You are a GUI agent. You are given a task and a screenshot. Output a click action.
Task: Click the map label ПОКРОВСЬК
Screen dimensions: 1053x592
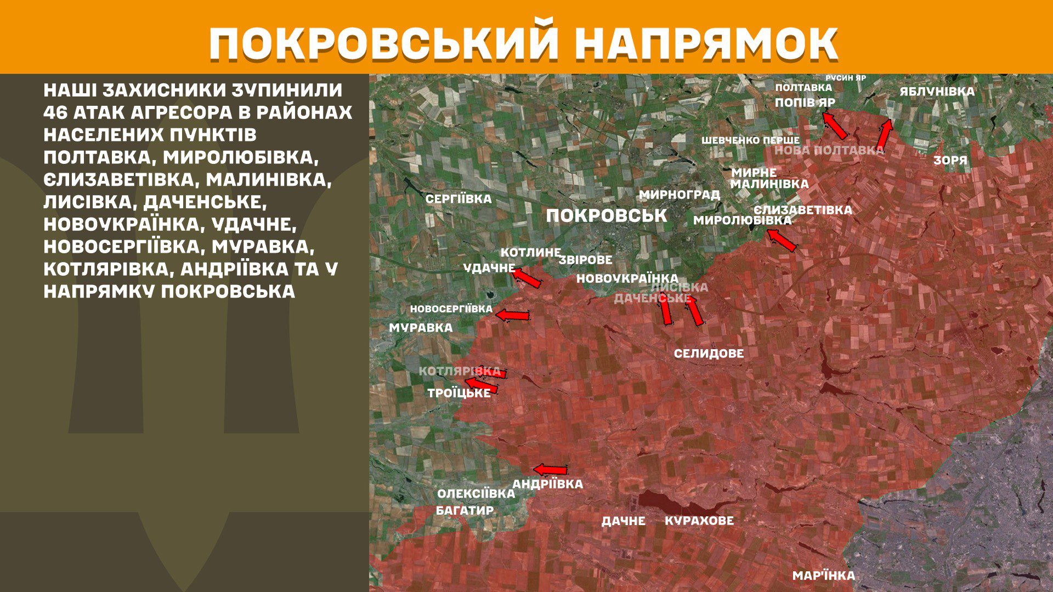pos(607,215)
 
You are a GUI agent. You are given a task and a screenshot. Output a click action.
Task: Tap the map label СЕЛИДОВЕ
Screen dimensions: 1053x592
pos(709,354)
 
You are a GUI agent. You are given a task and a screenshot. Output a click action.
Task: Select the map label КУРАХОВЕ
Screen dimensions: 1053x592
pos(699,520)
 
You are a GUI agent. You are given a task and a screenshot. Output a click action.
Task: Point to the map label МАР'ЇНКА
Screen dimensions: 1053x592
pos(823,576)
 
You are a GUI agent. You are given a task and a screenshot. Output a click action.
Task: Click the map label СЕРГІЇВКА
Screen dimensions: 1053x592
pos(458,199)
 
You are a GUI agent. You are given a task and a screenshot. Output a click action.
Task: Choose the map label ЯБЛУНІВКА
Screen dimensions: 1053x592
pos(937,92)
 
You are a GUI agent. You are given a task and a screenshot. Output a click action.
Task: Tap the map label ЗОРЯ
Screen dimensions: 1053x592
pos(950,161)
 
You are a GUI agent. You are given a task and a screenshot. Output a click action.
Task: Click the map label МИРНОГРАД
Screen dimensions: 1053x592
pos(679,195)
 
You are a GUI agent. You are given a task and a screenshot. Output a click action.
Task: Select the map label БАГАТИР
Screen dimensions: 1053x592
pos(465,510)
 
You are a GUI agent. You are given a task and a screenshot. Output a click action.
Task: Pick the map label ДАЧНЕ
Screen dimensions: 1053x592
pos(623,521)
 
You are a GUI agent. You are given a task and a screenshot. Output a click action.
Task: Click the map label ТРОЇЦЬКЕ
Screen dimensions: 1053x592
pos(459,393)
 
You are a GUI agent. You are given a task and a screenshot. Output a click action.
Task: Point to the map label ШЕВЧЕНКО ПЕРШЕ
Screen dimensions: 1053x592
pos(750,140)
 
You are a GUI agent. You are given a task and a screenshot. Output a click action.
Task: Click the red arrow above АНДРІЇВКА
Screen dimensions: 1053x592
pos(551,470)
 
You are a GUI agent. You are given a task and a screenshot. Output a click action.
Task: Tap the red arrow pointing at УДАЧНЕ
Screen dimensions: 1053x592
pos(528,277)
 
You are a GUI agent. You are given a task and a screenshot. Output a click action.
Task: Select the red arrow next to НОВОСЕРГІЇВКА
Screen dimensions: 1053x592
pos(513,315)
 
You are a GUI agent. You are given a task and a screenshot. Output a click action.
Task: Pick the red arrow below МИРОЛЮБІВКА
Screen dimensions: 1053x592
pos(781,240)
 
